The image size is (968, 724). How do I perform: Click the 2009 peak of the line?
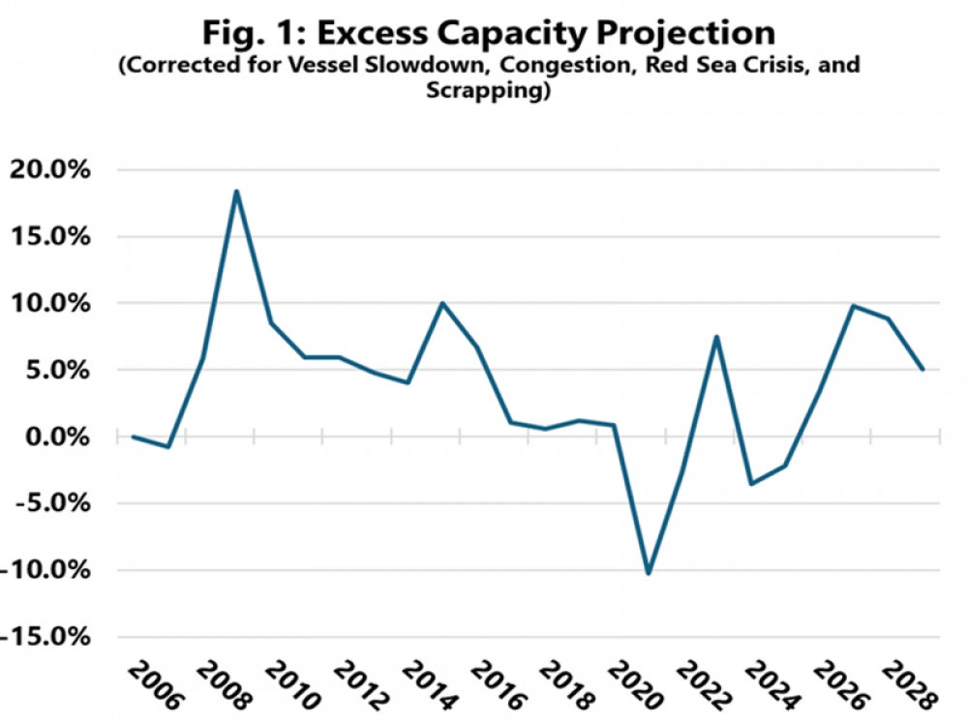coord(236,191)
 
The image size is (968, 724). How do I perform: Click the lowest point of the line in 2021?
coord(648,573)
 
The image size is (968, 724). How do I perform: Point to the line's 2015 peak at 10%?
coord(442,303)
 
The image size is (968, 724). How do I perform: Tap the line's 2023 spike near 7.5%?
coord(716,337)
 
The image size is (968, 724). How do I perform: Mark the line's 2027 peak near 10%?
coord(854,306)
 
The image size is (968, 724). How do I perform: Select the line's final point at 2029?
coord(923,370)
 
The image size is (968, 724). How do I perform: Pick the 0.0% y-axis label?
coord(54,437)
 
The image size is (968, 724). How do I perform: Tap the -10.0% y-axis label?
coord(44,570)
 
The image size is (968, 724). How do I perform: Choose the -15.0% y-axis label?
coord(44,637)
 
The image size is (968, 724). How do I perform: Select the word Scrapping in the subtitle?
coord(484,92)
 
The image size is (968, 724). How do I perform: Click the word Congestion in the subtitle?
coord(504,67)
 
